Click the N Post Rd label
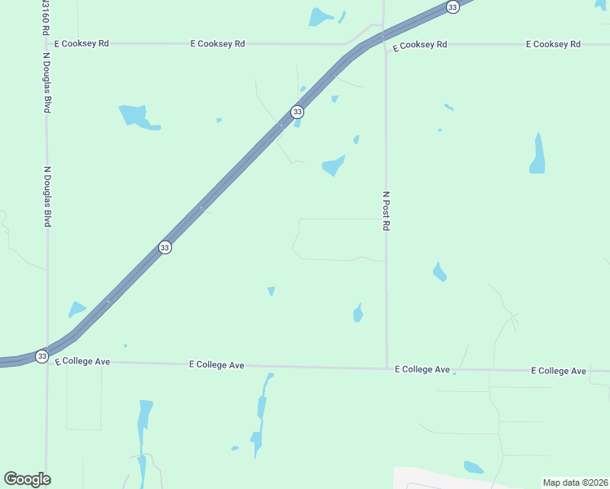[386, 211]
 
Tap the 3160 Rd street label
[44, 18]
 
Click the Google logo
[27, 479]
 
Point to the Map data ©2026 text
[574, 482]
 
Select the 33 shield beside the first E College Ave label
[42, 356]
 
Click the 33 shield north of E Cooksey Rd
[453, 7]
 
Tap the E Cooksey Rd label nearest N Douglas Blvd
[82, 43]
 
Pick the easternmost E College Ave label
[559, 371]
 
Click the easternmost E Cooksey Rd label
[553, 43]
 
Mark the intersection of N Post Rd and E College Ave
[387, 368]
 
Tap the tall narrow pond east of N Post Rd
[537, 154]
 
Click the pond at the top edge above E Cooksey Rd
[320, 16]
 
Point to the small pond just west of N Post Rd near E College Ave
[358, 312]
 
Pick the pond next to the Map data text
[473, 467]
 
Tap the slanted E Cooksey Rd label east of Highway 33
[419, 46]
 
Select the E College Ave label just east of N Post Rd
[422, 369]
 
